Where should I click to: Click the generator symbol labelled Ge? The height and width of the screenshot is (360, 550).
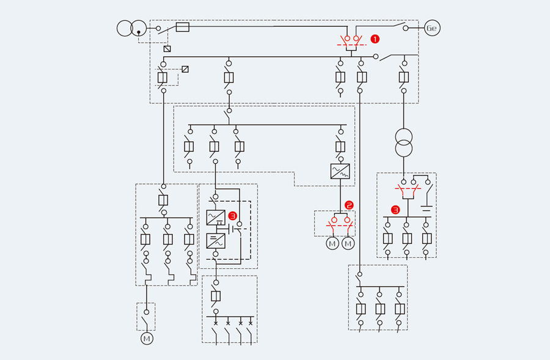432,28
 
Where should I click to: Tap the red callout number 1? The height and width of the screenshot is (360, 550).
375,39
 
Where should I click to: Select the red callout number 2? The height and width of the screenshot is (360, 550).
349,205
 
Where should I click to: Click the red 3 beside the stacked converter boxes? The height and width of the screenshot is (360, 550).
232,216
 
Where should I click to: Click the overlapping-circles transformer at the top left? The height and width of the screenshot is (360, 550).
132,28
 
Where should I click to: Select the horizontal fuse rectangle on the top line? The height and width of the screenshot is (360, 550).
182,28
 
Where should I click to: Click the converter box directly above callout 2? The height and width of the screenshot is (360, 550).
340,171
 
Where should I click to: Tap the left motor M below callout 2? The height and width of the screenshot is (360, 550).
332,244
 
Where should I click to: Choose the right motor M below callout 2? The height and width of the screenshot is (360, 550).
348,244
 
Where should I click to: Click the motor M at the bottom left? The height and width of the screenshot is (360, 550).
147,338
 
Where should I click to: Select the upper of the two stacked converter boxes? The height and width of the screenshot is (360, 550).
216,217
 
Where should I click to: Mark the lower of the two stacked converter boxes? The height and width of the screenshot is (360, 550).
216,240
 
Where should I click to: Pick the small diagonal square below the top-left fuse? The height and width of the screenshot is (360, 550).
167,48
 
